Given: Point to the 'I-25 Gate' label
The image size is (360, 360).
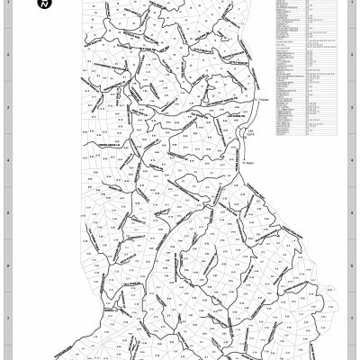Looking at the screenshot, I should coord(252,135).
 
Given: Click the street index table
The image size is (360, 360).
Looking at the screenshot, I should coord(307,67).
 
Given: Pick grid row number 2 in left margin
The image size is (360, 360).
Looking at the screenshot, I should coord(8,55).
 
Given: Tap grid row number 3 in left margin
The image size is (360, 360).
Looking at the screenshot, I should coord(8,108).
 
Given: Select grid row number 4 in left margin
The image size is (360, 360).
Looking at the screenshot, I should coord(8,161).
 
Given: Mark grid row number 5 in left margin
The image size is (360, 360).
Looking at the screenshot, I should coord(8,213).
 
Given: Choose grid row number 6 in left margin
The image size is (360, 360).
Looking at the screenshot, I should coord(8,266).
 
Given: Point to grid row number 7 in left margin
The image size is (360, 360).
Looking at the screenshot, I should coord(8,319).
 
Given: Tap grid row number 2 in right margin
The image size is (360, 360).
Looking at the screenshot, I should coord(351,55).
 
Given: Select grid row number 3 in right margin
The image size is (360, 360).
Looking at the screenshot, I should coord(351,108).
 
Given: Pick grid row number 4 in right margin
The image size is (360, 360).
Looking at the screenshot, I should coord(351,161).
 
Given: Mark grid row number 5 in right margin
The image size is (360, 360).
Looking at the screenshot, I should coord(351,213).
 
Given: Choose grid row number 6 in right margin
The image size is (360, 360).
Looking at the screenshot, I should coord(351,266).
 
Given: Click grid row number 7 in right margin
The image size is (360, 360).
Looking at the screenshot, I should coord(351,319).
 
